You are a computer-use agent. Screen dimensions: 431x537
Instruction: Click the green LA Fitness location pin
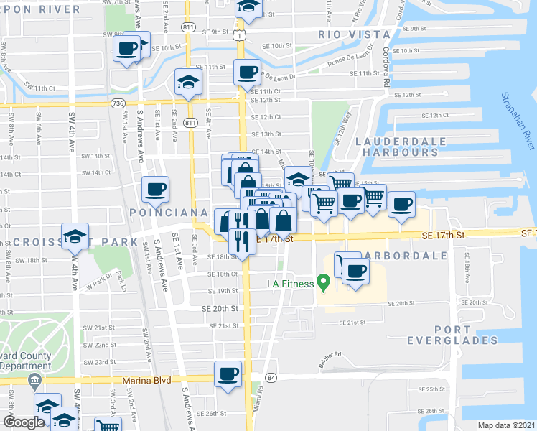tap(323, 284)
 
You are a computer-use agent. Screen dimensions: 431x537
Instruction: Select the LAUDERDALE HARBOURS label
tap(401, 147)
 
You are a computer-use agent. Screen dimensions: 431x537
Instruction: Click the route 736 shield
tap(118, 103)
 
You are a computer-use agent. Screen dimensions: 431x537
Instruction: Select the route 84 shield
tap(271, 377)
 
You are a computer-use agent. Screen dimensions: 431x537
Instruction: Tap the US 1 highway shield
tap(244, 34)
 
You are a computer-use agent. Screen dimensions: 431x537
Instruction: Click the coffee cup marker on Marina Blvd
tap(228, 374)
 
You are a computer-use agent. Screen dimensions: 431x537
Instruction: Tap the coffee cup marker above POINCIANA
tap(156, 190)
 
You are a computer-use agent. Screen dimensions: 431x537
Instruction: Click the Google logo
tap(24, 422)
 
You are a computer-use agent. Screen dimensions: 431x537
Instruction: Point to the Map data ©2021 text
tap(505, 425)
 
